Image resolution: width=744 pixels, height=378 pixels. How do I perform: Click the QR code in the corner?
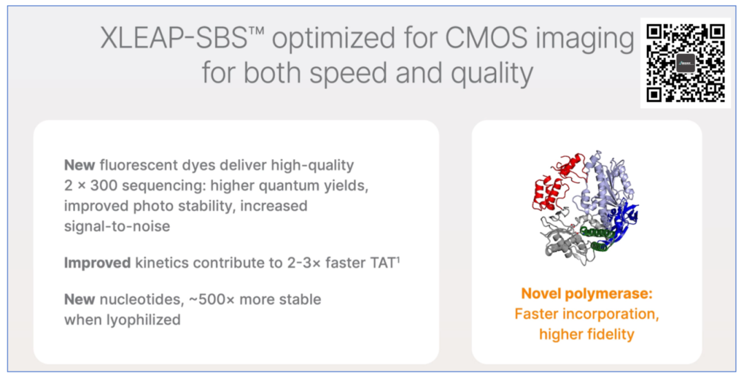pos(685,63)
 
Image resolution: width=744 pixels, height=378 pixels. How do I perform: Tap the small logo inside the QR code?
pos(685,63)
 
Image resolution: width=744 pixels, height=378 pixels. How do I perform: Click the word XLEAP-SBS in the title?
pos(173,39)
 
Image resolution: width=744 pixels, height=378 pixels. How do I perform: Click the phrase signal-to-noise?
pos(117,226)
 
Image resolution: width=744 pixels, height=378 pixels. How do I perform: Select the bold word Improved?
pos(97,263)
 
